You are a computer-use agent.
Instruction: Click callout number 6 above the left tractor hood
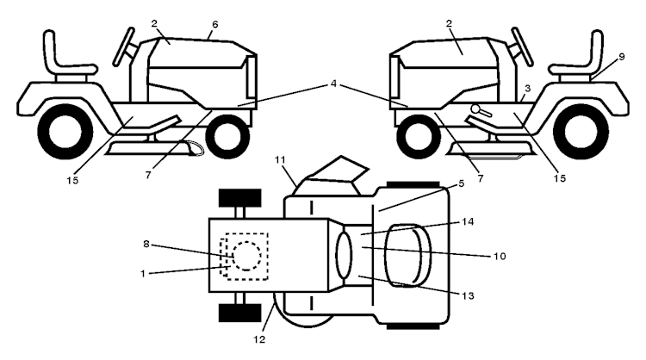[x=215, y=25]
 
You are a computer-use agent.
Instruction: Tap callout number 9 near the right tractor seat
[x=622, y=57]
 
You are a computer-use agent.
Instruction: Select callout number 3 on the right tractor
[x=528, y=89]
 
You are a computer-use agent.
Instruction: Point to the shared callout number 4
[x=333, y=84]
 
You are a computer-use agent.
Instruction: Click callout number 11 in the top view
[x=462, y=183]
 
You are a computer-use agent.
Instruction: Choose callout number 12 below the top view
[x=259, y=339]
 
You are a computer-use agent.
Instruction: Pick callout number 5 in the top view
[x=462, y=183]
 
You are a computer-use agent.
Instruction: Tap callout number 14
[x=468, y=222]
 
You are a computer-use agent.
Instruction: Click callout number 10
[x=500, y=256]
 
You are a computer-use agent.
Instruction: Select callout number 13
[x=468, y=295]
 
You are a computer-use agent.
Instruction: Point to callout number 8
[x=146, y=244]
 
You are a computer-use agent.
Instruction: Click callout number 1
[x=142, y=274]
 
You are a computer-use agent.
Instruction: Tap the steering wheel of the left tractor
[x=123, y=47]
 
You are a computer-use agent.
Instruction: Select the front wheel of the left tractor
[x=227, y=136]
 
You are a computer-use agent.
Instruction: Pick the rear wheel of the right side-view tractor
[x=581, y=132]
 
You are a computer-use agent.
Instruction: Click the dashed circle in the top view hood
[x=246, y=256]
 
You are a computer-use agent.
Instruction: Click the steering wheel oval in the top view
[x=344, y=255]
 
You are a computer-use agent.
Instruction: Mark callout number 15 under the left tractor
[x=72, y=180]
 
